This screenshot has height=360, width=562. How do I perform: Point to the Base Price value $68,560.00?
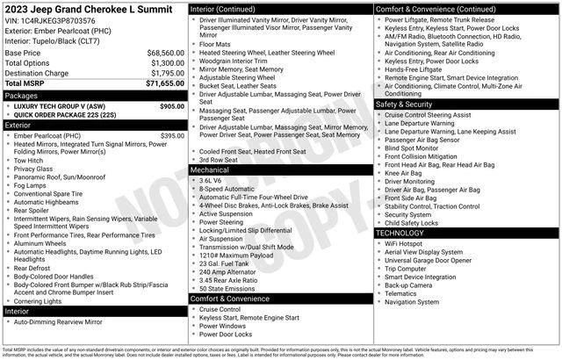pos(165,53)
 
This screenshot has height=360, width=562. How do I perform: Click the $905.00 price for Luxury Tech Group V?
pos(171,105)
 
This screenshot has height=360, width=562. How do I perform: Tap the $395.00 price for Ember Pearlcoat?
pos(171,136)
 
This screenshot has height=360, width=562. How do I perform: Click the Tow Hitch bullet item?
pos(30,161)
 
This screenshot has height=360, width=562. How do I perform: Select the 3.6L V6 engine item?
pos(211,180)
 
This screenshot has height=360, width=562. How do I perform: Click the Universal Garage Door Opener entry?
pos(434,260)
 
